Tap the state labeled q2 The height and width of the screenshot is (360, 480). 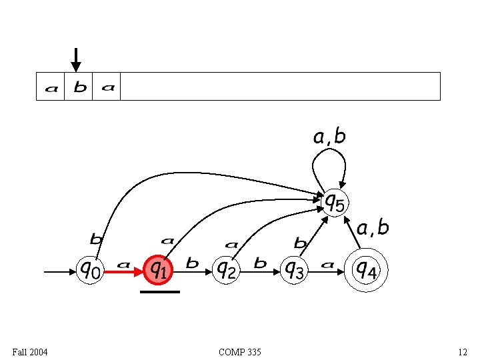click(227, 270)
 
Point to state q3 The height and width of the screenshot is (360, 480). click(294, 270)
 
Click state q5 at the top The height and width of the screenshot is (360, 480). click(334, 202)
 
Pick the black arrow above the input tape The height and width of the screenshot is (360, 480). click(76, 59)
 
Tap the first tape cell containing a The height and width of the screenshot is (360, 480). click(51, 87)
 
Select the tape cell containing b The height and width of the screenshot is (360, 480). click(79, 87)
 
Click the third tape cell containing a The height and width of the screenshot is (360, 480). click(107, 87)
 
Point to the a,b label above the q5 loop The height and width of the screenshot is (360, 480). click(329, 137)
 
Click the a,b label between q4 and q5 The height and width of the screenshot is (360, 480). click(373, 228)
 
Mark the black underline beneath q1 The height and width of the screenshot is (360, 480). click(160, 291)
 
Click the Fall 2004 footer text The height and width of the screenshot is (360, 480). click(30, 351)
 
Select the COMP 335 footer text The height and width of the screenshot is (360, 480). click(240, 351)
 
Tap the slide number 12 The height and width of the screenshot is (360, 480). click(462, 351)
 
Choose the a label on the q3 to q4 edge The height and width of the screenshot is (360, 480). click(327, 265)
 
